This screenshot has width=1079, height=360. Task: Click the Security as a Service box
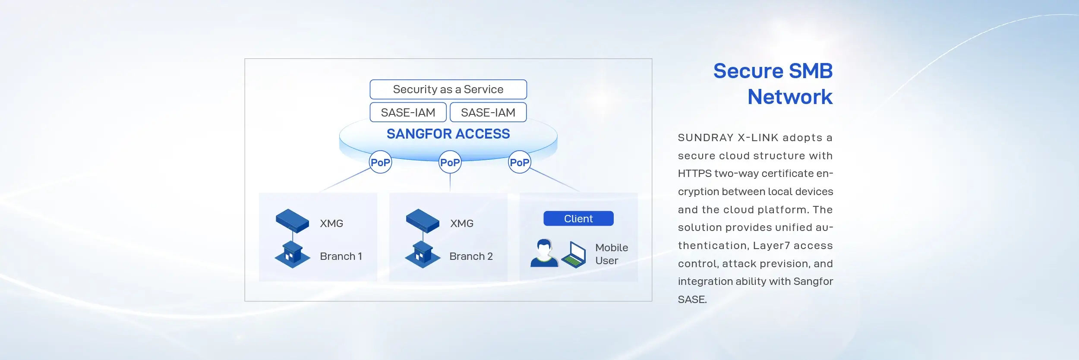[x=448, y=89]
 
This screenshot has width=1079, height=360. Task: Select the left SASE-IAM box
[x=408, y=112]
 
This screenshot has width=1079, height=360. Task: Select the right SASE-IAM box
[x=488, y=112]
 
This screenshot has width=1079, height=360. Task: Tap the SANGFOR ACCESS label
[x=448, y=134]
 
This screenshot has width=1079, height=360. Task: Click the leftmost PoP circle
[x=381, y=162]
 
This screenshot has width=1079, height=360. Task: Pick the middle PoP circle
[x=450, y=162]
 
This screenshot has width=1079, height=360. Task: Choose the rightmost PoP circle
[x=519, y=162]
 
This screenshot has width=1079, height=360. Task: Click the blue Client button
[x=578, y=218]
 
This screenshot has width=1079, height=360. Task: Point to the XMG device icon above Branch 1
[x=293, y=221]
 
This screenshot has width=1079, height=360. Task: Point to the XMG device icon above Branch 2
[x=423, y=221]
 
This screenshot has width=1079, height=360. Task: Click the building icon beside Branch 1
[x=292, y=255]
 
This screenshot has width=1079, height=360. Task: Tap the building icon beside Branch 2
[x=423, y=255]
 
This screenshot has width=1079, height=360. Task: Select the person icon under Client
[x=544, y=253]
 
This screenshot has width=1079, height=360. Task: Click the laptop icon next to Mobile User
[x=574, y=255]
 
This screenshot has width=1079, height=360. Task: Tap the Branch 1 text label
[x=341, y=256]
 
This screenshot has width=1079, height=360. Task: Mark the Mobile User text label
[x=612, y=254]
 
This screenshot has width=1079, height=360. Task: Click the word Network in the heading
[x=790, y=97]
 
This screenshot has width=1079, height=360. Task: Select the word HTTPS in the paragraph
[x=694, y=174]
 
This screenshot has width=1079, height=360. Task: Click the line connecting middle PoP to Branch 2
[x=450, y=183]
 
